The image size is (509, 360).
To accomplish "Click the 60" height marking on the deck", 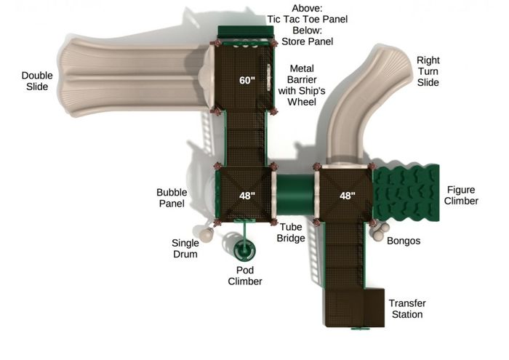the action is pos(247,80).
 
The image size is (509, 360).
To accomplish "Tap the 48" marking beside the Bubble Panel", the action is pos(247,196).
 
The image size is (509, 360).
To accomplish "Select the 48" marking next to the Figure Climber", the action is pos(348,196).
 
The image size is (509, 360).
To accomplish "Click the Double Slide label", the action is pos(37,81).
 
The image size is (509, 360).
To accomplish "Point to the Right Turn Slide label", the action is pos(428,71).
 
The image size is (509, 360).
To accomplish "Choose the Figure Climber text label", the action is pos(461,195).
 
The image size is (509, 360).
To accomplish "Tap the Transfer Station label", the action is pos(407,308).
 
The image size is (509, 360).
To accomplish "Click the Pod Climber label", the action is pos(245,276).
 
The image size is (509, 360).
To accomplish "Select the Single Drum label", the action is pos(185,248).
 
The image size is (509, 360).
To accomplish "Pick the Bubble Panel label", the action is pos(172,198).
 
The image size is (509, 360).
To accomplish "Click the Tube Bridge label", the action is pos(291,233).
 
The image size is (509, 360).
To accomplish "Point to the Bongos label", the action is pos(404,241).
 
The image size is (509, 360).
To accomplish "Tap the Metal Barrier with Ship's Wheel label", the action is pos(302,85).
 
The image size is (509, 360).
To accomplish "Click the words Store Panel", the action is pos(307,41).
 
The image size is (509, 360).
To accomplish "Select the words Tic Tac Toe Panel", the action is pos(307,19).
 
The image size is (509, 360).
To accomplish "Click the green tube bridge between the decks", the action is pos(294,194).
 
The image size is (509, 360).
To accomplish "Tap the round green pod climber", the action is pos(244,250).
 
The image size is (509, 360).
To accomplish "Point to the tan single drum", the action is pos(206,235).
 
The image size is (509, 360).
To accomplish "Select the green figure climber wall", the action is pos(406,193).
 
